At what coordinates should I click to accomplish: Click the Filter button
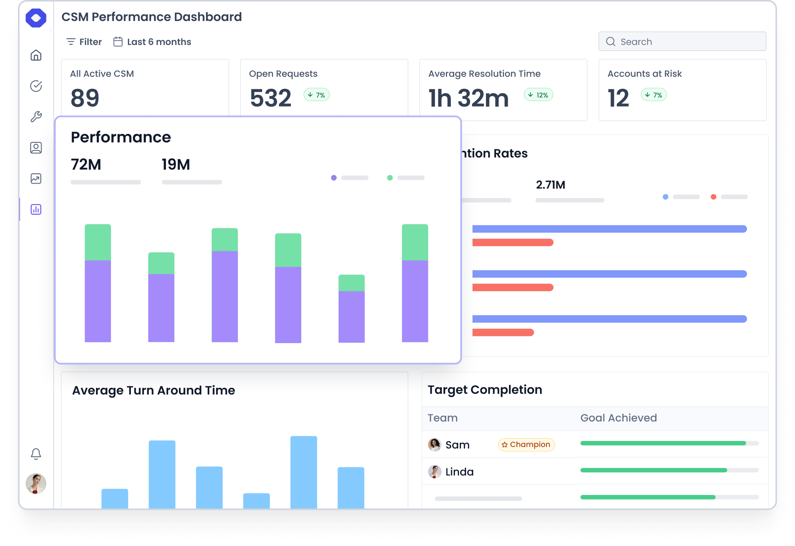tap(84, 42)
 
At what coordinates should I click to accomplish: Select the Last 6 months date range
tap(152, 42)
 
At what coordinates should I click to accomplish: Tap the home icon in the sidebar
tap(36, 55)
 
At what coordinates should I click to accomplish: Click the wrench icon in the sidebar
tap(36, 117)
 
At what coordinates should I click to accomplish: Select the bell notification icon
tap(36, 454)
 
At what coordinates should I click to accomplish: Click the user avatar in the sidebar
tap(36, 483)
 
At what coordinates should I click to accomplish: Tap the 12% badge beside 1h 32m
tap(538, 95)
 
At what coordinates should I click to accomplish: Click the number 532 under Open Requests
tap(270, 98)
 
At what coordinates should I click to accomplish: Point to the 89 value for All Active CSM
tap(85, 98)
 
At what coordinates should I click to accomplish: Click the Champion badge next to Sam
tap(526, 444)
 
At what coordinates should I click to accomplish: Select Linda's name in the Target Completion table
tap(459, 472)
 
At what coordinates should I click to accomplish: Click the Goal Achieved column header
tap(618, 418)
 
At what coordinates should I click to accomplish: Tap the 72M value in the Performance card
tap(86, 165)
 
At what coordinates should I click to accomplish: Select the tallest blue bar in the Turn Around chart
tap(303, 472)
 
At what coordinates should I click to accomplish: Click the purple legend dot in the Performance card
tap(334, 178)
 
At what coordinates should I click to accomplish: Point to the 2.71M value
tap(550, 185)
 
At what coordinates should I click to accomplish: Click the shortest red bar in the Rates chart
tap(502, 332)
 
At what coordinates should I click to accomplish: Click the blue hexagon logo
tap(36, 18)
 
